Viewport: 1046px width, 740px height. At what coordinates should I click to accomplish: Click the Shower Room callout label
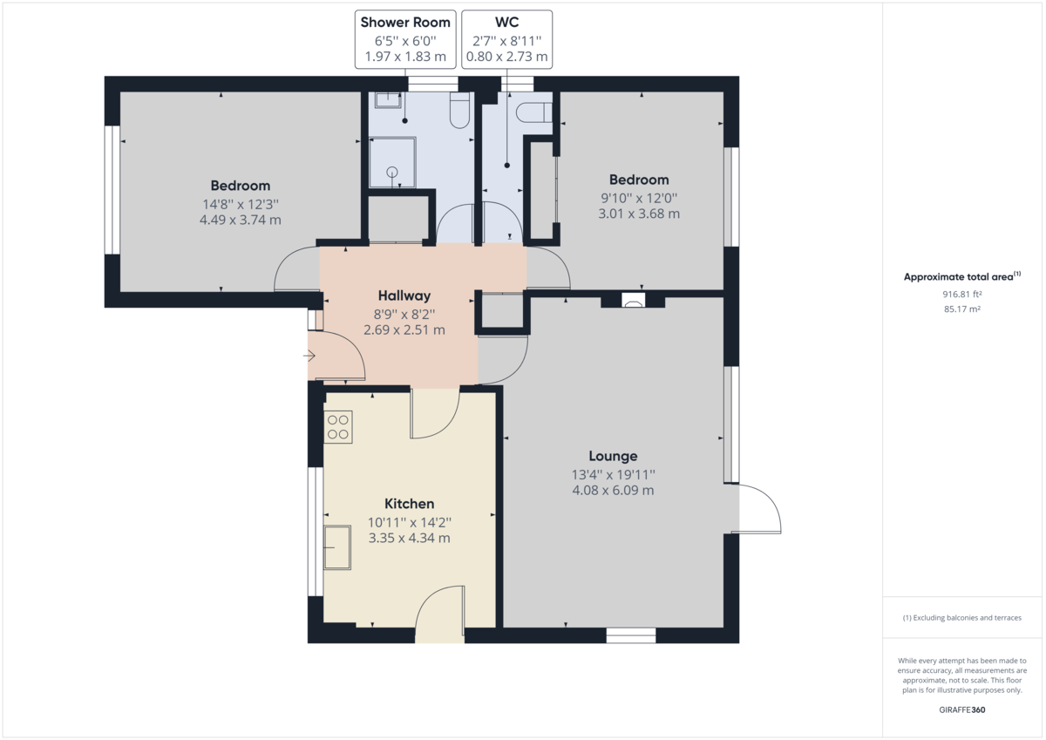pyautogui.click(x=405, y=40)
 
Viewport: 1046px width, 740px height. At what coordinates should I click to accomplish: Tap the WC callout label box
pyautogui.click(x=507, y=40)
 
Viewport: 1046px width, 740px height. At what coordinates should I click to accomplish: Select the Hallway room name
pyautogui.click(x=404, y=296)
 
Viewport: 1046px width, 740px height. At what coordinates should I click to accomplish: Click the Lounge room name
pyautogui.click(x=613, y=456)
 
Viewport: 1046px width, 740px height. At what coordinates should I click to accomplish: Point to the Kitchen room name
pyautogui.click(x=409, y=504)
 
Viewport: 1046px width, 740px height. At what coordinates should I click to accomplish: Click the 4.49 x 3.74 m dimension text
pyautogui.click(x=240, y=221)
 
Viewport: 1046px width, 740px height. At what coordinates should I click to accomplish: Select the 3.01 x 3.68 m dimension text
pyautogui.click(x=639, y=214)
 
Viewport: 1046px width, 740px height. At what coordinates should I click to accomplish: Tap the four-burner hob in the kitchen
pyautogui.click(x=338, y=425)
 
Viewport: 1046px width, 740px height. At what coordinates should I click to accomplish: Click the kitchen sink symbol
pyautogui.click(x=337, y=547)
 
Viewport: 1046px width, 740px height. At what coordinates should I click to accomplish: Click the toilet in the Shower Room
pyautogui.click(x=458, y=110)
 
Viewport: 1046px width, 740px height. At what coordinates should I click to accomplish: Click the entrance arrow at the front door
pyautogui.click(x=311, y=356)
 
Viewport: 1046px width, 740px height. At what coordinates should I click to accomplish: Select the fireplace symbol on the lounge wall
pyautogui.click(x=633, y=302)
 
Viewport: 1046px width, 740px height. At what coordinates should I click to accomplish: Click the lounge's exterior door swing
pyautogui.click(x=759, y=510)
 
